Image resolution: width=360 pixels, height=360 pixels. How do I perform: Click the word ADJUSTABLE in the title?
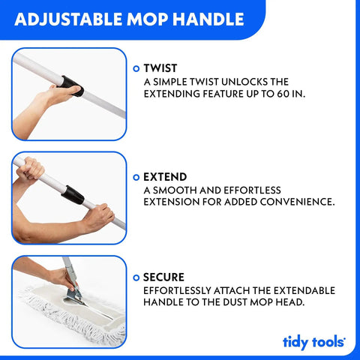click(69, 19)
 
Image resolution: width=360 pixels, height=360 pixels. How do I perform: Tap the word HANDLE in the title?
click(208, 19)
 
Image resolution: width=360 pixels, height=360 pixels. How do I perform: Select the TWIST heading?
click(160, 68)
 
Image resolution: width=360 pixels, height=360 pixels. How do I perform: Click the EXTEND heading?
click(165, 177)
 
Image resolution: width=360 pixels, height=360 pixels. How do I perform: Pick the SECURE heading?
click(163, 277)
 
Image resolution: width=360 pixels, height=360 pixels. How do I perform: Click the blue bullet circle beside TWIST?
click(136, 68)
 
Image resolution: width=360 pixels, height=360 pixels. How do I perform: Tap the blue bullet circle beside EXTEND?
click(136, 178)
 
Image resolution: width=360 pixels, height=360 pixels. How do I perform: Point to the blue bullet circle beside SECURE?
click(136, 277)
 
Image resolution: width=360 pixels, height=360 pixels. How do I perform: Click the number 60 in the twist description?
click(283, 94)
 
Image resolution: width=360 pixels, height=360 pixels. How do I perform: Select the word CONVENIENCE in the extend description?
click(297, 202)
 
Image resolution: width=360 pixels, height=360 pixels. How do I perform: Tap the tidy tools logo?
click(314, 343)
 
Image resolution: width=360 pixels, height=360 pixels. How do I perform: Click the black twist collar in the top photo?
click(72, 85)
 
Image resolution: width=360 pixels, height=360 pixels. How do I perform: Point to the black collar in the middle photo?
click(73, 195)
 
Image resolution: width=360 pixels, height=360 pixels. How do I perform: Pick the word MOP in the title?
click(148, 19)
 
